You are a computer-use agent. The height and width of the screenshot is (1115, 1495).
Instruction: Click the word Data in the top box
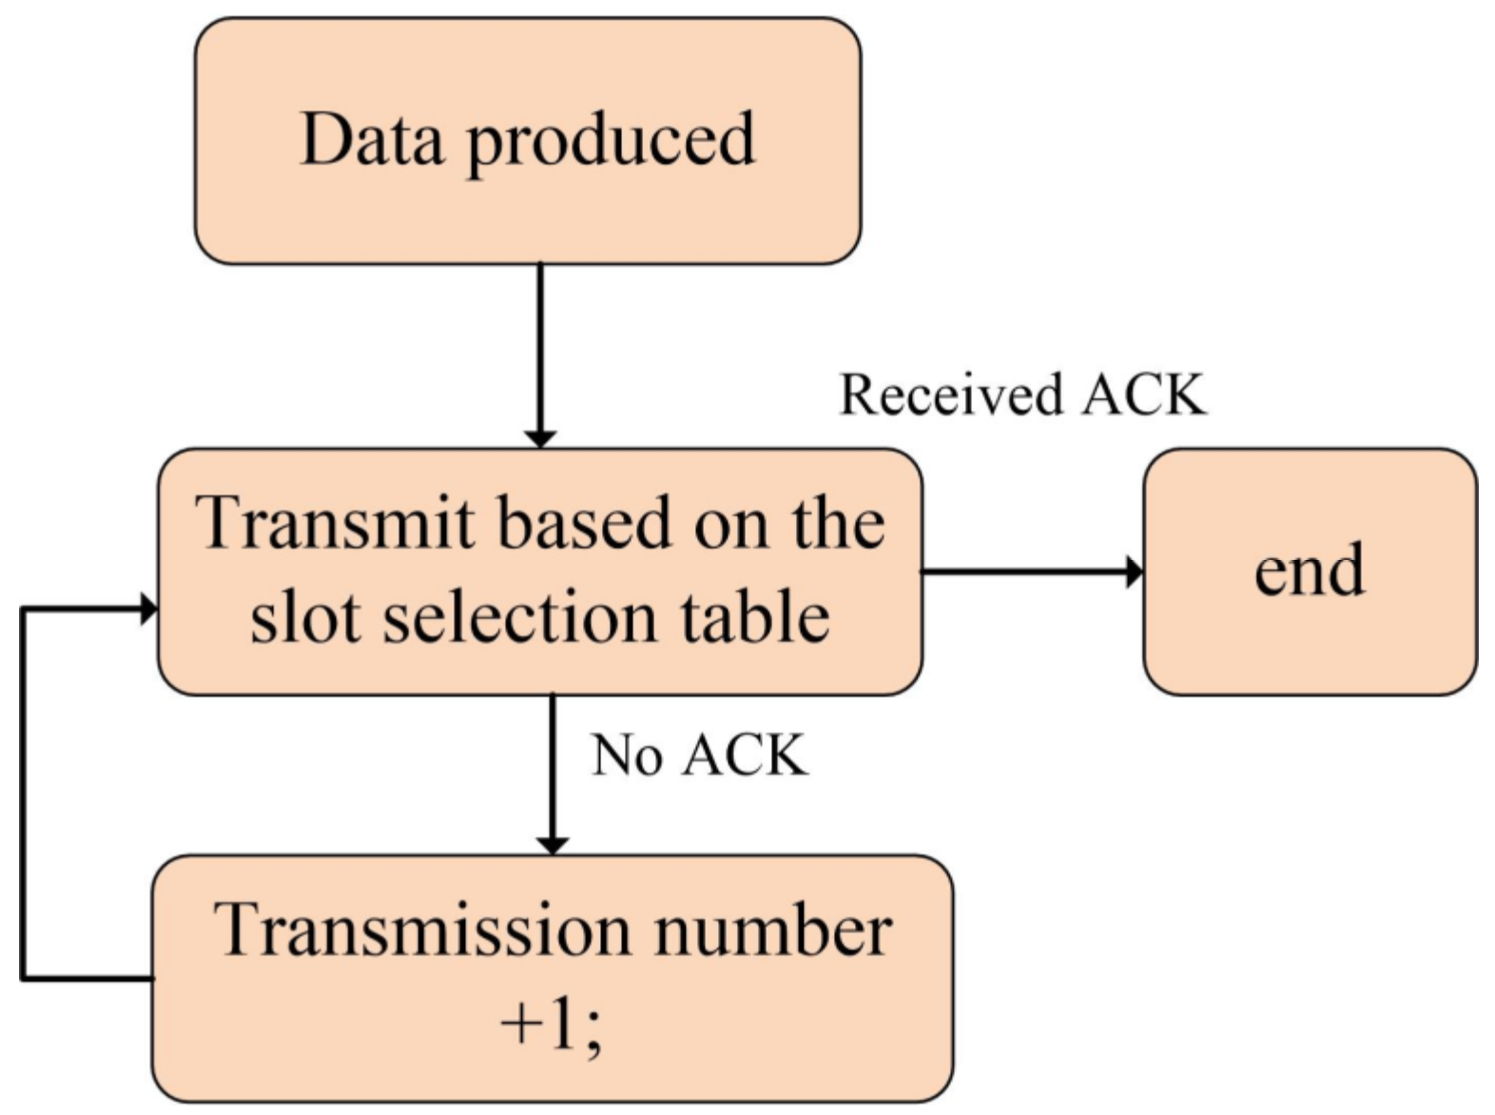372,141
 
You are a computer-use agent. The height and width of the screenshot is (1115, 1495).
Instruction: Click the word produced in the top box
612,143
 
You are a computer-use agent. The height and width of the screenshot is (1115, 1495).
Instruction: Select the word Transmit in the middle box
335,524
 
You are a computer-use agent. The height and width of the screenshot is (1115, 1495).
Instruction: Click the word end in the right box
1309,570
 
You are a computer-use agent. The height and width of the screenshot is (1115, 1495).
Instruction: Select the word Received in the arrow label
950,394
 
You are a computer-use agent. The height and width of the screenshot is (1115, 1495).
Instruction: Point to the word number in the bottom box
772,931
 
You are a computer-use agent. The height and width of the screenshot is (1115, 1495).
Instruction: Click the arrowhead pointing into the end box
1134,572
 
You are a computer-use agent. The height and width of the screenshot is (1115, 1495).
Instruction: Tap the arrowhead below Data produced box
540,437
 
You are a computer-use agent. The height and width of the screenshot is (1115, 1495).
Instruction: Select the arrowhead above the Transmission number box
553,844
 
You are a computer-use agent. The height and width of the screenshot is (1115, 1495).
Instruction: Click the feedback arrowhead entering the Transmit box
148,608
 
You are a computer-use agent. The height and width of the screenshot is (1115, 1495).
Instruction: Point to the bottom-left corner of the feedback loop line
23,976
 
